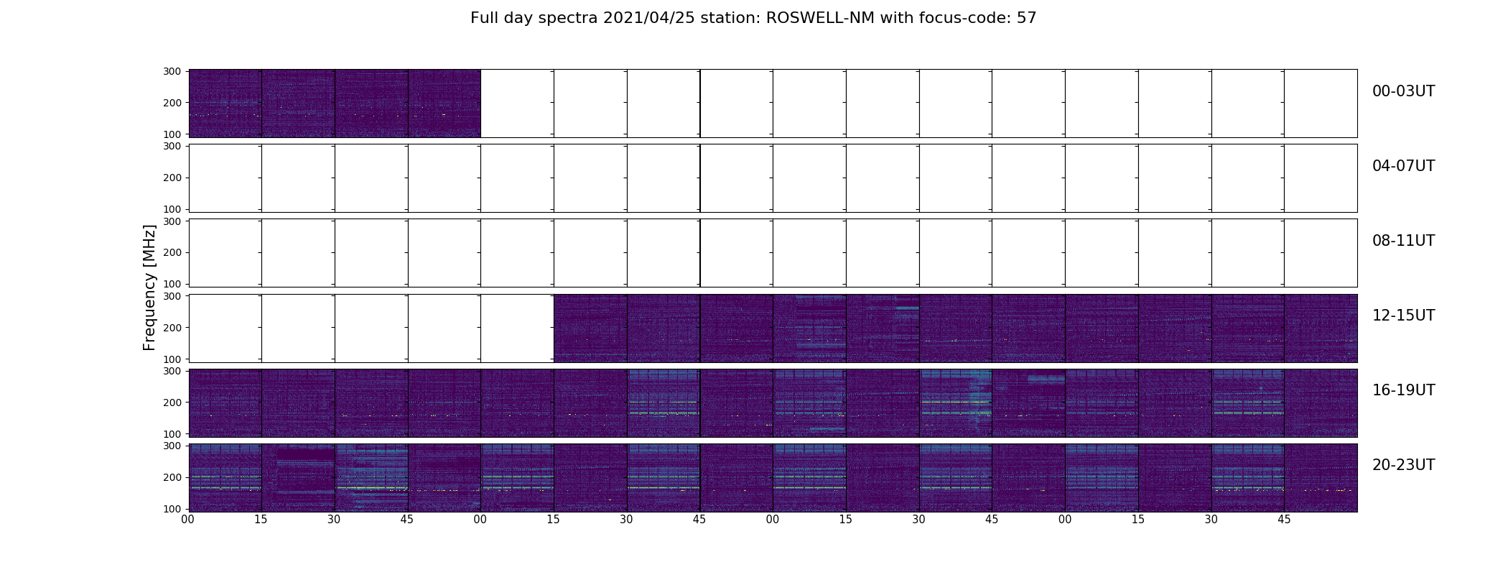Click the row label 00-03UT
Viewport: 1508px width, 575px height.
pos(1403,91)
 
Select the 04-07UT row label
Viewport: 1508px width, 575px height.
pos(1403,166)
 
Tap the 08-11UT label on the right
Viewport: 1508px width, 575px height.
pos(1403,241)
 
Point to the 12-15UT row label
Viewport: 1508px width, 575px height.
pos(1403,316)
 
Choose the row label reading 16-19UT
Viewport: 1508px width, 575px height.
pos(1403,390)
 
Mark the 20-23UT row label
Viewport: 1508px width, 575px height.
pos(1403,465)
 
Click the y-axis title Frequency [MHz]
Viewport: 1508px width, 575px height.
pos(149,287)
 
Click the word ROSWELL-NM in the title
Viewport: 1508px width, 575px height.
pos(820,18)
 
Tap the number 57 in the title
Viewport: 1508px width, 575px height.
pos(1027,18)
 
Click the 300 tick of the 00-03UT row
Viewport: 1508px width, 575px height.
pos(172,71)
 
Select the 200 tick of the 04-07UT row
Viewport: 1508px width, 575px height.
pos(172,178)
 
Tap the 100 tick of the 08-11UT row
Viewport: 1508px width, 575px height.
pos(172,284)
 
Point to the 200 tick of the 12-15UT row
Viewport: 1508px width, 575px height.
pos(172,327)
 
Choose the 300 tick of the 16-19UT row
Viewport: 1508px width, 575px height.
pos(172,371)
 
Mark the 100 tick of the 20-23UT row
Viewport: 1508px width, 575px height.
pos(172,508)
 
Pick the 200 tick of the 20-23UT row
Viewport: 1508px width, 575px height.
pos(172,477)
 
